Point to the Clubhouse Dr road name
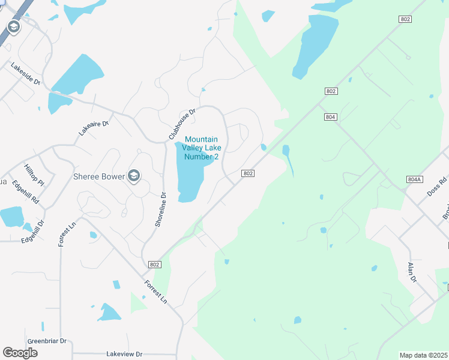pyautogui.click(x=182, y=124)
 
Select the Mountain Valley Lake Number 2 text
pyautogui.click(x=200, y=148)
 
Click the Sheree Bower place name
pyautogui.click(x=98, y=176)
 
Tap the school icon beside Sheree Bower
pyautogui.click(x=134, y=176)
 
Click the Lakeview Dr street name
pyautogui.click(x=124, y=354)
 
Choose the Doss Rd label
pyautogui.click(x=436, y=189)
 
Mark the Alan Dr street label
pyautogui.click(x=412, y=272)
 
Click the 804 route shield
pyautogui.click(x=330, y=117)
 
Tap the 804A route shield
pyautogui.click(x=415, y=179)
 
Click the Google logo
pyautogui.click(x=20, y=353)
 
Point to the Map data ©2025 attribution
pyautogui.click(x=423, y=355)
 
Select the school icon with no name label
pyautogui.click(x=13, y=26)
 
